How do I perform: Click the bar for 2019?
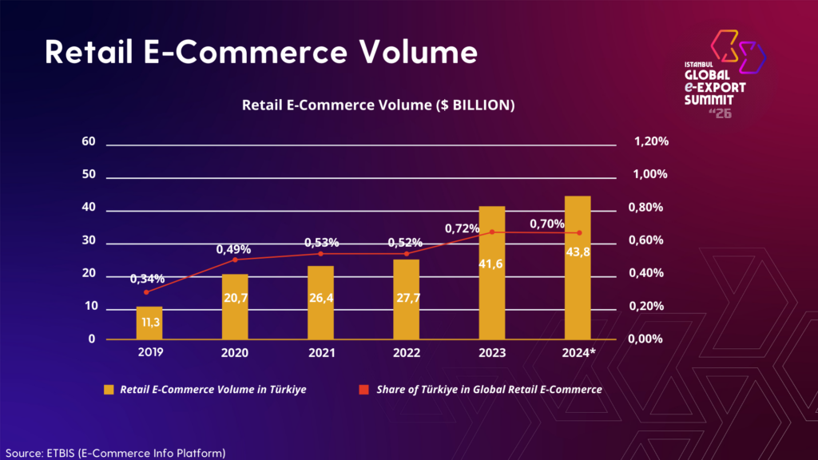coord(149,323)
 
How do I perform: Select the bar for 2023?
coord(491,273)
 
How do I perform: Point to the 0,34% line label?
coord(148,279)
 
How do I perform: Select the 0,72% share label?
coord(462,229)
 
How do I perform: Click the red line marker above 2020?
coord(235,260)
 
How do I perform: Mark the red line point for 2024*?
coord(578,232)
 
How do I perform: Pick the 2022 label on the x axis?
coord(406,352)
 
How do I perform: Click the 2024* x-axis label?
coord(578,352)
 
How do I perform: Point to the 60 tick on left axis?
coord(89,142)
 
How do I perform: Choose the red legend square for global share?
coord(363,390)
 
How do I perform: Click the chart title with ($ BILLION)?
coord(378,105)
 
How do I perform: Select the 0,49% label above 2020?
coord(233,249)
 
